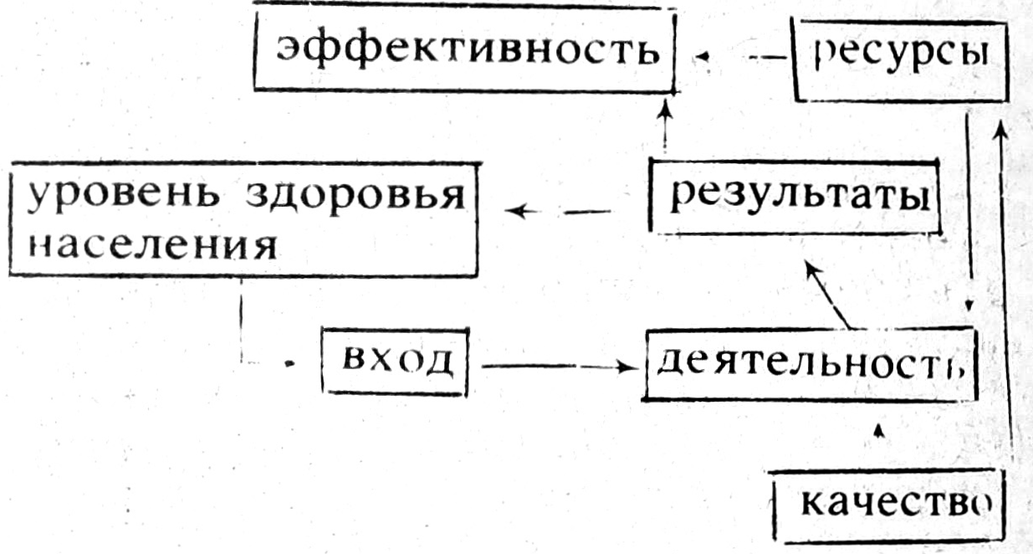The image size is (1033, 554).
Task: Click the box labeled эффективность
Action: point(464,49)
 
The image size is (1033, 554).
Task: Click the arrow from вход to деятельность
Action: point(555,366)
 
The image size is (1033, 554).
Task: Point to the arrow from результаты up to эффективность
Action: point(665,124)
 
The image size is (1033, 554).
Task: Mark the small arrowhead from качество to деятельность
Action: point(877,431)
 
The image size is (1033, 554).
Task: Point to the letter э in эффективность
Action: point(292,50)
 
